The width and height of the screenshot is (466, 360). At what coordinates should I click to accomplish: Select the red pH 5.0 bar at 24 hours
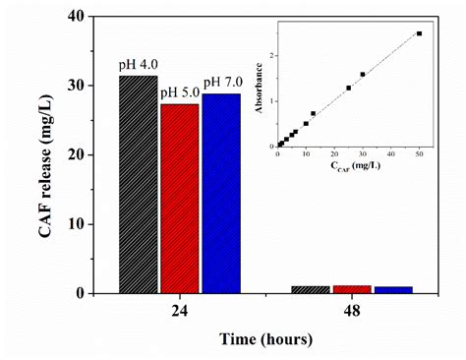pos(180,198)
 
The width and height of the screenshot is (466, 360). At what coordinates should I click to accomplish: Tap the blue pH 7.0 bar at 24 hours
pos(221,193)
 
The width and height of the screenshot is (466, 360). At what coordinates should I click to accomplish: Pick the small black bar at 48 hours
pos(311,289)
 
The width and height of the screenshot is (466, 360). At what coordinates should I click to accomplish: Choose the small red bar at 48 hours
pos(352,289)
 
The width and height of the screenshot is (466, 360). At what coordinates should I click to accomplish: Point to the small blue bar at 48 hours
pos(393,289)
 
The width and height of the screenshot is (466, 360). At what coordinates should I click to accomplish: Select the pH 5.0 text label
pos(180,93)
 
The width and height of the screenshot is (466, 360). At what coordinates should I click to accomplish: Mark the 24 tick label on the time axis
pos(180,308)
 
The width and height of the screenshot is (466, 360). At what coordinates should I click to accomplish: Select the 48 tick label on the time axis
pos(352,308)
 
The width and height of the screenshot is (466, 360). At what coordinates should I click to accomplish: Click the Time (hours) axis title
pos(265,339)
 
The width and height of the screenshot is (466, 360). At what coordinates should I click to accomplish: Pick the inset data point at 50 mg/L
pos(419,33)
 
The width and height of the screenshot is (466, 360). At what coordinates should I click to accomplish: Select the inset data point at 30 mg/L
pos(363,74)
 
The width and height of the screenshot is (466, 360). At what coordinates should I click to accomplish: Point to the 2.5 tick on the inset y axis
pos(269,32)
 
